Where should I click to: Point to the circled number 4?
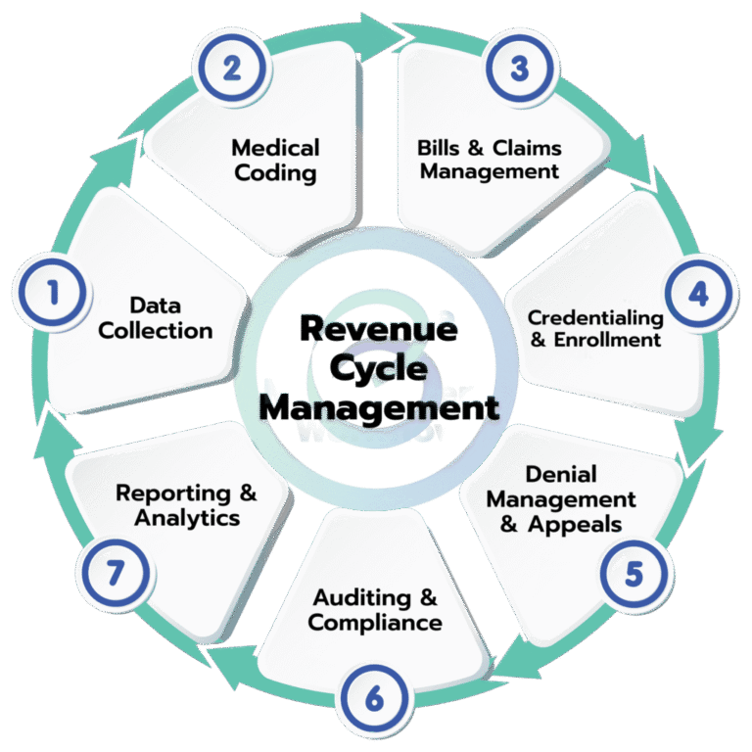click(696, 294)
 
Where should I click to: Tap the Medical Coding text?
click(275, 161)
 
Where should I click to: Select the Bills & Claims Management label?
click(489, 160)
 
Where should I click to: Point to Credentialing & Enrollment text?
click(594, 329)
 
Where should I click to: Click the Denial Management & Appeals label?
click(561, 498)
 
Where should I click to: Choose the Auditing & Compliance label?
click(375, 609)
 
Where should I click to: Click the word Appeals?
click(575, 524)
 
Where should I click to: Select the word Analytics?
click(187, 518)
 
